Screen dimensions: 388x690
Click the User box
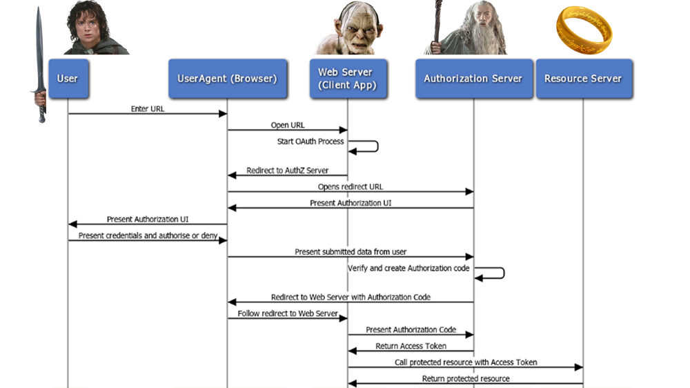pyautogui.click(x=68, y=79)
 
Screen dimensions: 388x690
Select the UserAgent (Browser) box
pyautogui.click(x=227, y=79)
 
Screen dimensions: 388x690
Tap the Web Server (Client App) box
pyautogui.click(x=347, y=79)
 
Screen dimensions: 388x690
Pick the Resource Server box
pyautogui.click(x=583, y=79)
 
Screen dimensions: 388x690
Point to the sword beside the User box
pyautogui.click(x=40, y=66)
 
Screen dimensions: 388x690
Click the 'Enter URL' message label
pyautogui.click(x=148, y=109)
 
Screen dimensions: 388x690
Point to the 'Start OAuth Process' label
pyautogui.click(x=310, y=142)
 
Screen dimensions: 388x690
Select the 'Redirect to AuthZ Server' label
pyautogui.click(x=288, y=171)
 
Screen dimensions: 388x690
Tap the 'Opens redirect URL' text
pyautogui.click(x=351, y=187)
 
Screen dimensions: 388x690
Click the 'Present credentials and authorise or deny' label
pyautogui.click(x=148, y=236)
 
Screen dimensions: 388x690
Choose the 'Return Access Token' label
pyautogui.click(x=411, y=346)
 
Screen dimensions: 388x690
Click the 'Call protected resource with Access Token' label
pyautogui.click(x=466, y=362)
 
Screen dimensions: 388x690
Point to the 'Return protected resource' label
pyautogui.click(x=466, y=379)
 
